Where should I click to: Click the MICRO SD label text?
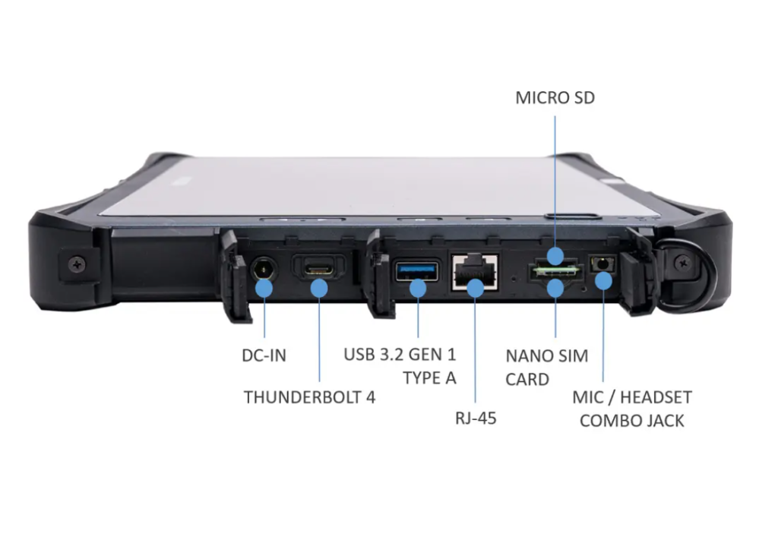(x=555, y=99)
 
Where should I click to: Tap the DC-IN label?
(x=264, y=355)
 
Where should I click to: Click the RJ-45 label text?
(x=475, y=417)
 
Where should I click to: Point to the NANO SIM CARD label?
(x=546, y=367)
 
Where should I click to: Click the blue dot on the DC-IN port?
(x=264, y=288)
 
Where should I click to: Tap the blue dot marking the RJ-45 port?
(x=475, y=288)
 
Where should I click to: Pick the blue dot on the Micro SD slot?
(x=555, y=256)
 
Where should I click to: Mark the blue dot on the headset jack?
(x=603, y=281)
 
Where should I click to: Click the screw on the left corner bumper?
(x=79, y=264)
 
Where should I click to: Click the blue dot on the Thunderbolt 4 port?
(x=319, y=288)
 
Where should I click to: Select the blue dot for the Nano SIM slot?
(x=555, y=287)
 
